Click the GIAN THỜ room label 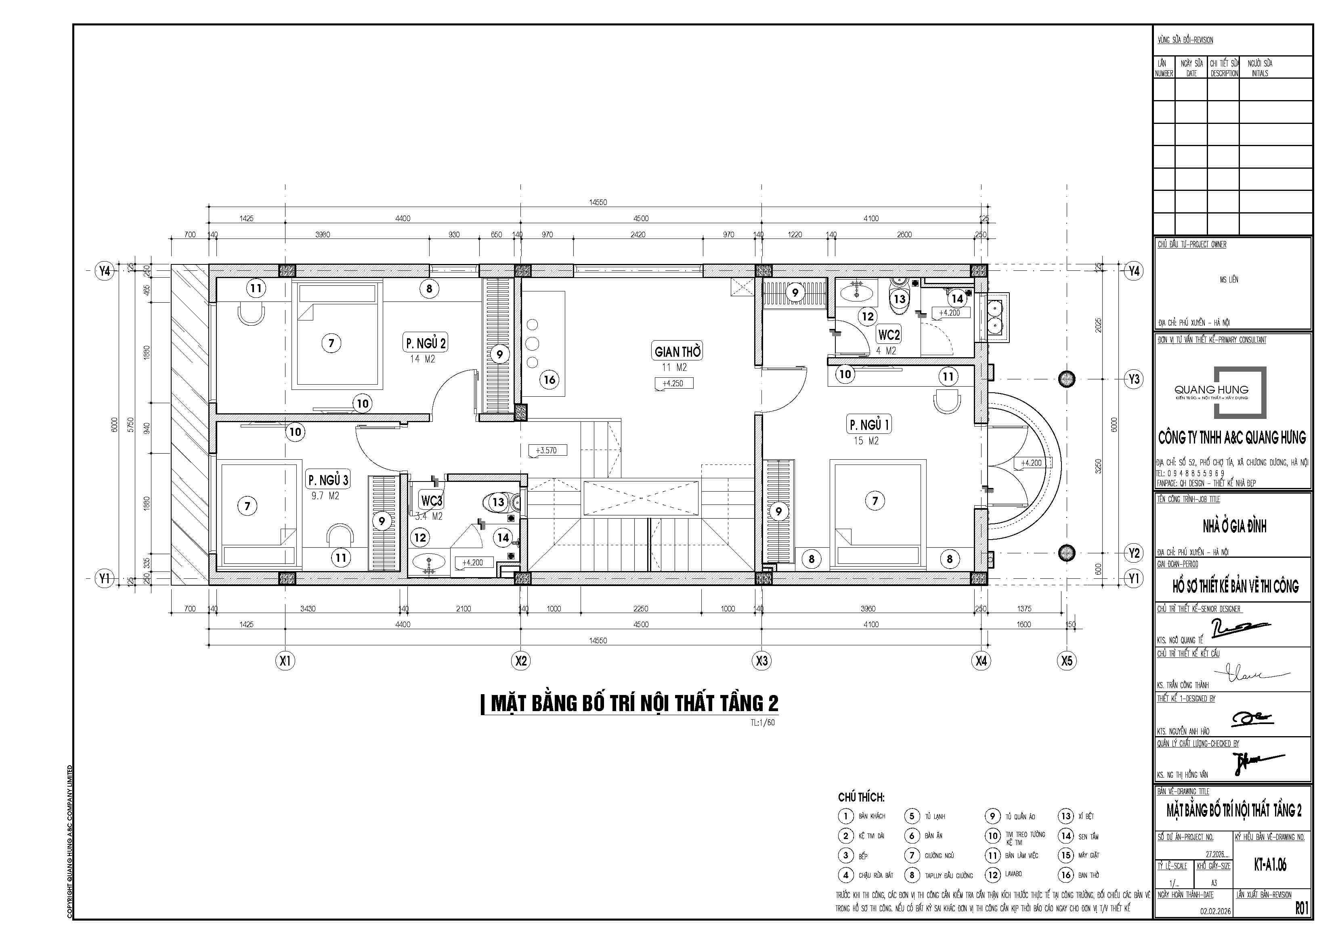(678, 351)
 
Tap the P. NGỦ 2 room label (426, 343)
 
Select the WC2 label (889, 335)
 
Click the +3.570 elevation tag (546, 450)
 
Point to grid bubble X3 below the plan (762, 661)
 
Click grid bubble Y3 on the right (1133, 379)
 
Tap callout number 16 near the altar (549, 380)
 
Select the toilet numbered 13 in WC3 (498, 502)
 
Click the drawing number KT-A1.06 (1270, 865)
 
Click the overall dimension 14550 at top (598, 203)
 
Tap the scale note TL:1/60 (762, 722)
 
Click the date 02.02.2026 (1215, 911)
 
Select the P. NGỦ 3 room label (328, 480)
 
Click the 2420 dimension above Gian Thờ (638, 234)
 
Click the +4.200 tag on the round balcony (1031, 463)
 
